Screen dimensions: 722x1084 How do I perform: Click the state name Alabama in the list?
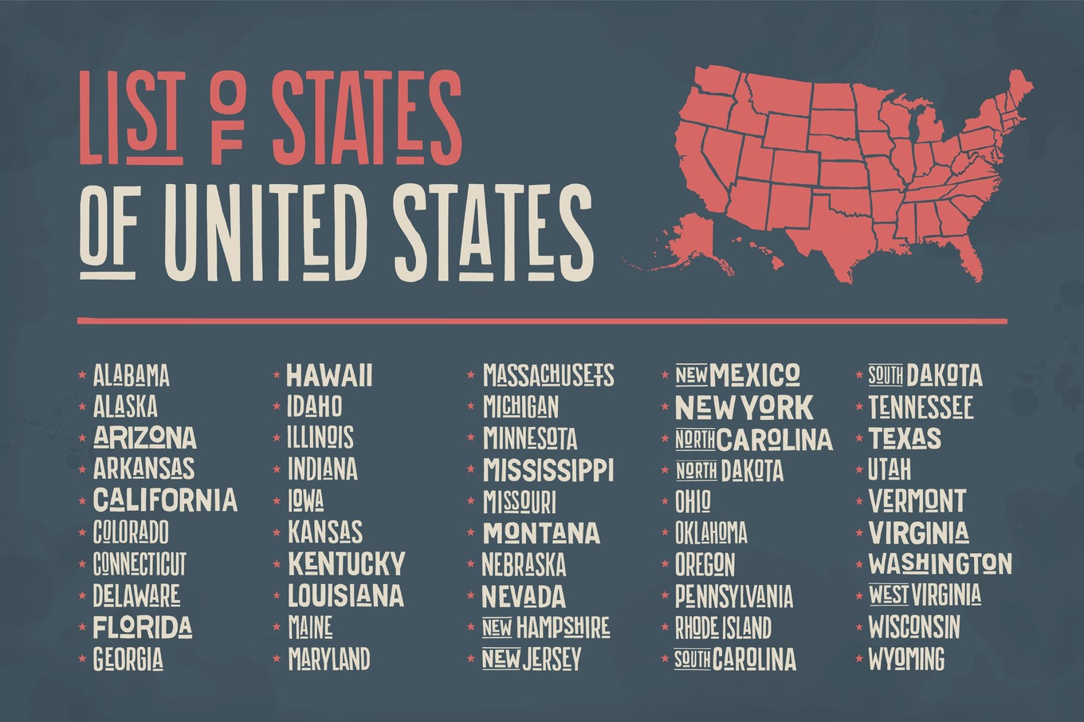pos(131,375)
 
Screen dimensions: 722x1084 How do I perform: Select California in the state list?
pos(165,500)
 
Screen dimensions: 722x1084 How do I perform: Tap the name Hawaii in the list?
pos(329,375)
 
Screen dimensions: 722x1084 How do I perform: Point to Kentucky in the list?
pos(346,563)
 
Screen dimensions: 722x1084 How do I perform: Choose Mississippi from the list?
pos(548,470)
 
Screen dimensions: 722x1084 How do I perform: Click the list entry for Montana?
pos(541,532)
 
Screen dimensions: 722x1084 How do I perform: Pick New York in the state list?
pos(744,408)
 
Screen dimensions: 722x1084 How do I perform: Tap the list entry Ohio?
pos(693,502)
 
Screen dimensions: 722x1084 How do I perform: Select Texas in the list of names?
pos(905,438)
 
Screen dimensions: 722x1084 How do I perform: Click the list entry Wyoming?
pos(906,660)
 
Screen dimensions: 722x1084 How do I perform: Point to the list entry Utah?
pos(890,470)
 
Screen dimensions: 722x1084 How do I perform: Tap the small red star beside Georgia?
pos(81,658)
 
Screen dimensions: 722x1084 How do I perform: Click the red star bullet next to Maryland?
pos(277,658)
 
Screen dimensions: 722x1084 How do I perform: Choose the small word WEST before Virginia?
pos(888,594)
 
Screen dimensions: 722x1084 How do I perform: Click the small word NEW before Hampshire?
pos(497,627)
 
